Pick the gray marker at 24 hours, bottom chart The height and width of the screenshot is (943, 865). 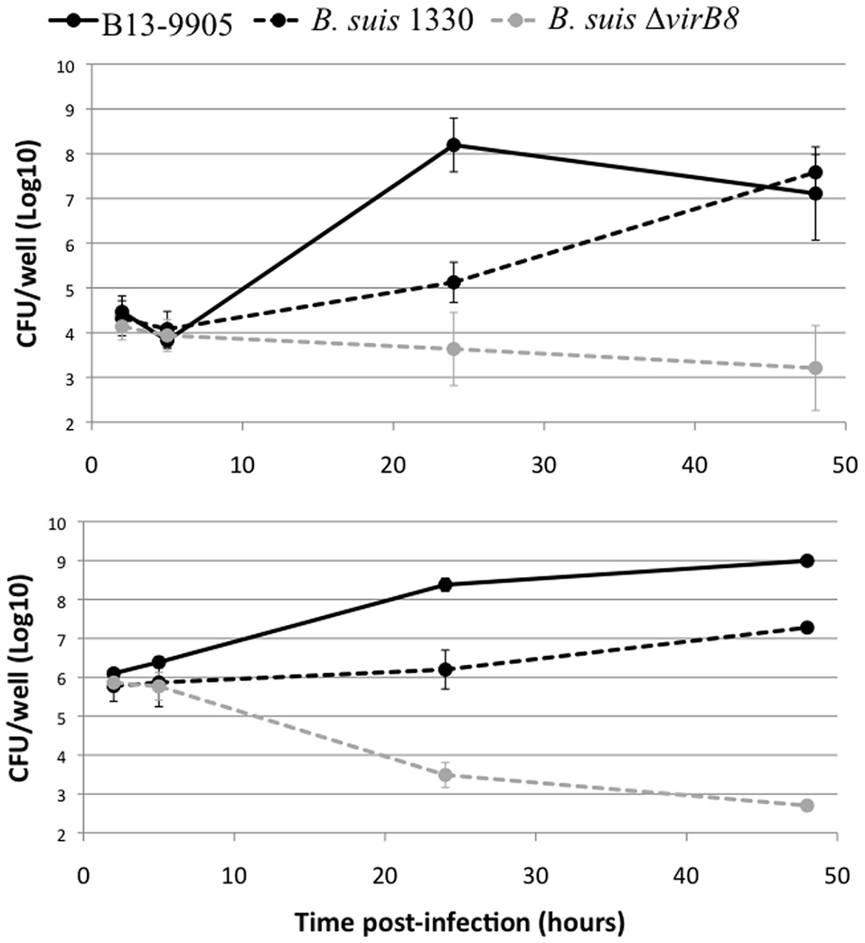point(446,775)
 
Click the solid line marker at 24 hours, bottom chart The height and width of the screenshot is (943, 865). point(446,584)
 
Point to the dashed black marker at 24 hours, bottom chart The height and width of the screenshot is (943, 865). point(446,669)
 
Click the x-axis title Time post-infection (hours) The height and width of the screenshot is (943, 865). point(461,921)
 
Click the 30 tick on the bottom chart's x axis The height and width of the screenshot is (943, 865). point(536,873)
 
